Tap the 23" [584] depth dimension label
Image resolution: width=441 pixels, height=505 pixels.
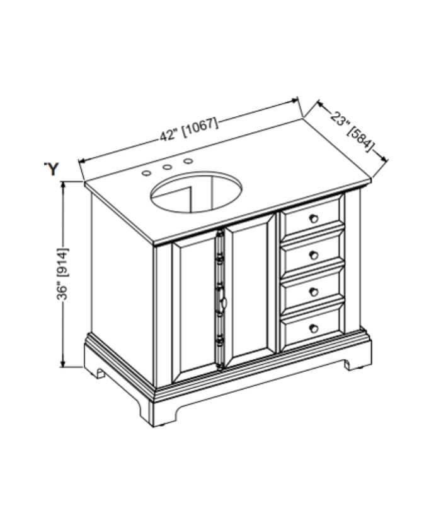point(353,132)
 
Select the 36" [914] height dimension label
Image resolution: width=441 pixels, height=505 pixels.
point(62,274)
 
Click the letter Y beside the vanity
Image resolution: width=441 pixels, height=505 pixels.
point(52,169)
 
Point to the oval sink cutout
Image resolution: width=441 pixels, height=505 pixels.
point(196,192)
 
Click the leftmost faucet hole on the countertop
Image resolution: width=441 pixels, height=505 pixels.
point(147,173)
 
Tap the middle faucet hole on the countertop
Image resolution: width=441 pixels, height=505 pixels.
point(167,167)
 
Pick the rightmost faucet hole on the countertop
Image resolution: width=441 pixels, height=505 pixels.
point(188,161)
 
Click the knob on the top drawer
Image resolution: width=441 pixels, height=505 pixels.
point(314,218)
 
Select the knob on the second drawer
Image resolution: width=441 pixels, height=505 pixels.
point(314,255)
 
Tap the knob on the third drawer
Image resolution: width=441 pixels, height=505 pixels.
point(314,292)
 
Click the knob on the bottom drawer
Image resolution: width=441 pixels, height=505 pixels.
point(314,328)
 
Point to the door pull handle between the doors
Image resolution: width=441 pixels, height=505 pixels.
point(224,302)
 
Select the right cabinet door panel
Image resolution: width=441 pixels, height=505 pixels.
point(249,290)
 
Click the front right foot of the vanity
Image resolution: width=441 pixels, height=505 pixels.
point(357,360)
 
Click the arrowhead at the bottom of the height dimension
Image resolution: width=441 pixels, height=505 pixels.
point(64,364)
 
